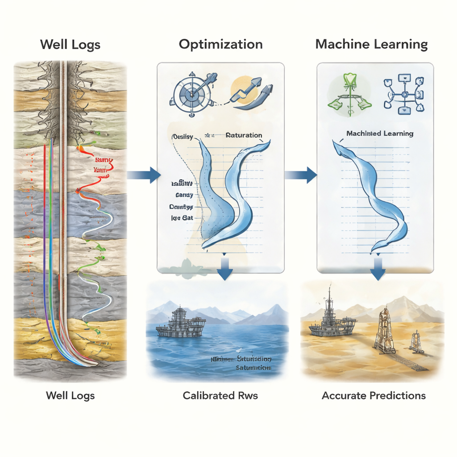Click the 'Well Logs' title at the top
70,45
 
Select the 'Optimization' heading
220,45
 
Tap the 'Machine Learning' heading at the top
371,45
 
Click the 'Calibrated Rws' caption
220,395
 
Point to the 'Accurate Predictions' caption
374,395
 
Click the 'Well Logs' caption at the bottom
71,395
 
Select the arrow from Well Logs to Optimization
144,175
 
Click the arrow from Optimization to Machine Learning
301,175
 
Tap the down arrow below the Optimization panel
224,270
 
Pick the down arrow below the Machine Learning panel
378,270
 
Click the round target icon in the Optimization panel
191,94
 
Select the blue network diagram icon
403,94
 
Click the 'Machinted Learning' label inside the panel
380,133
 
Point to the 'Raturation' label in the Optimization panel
244,135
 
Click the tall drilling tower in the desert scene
384,330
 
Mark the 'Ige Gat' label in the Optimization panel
182,218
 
